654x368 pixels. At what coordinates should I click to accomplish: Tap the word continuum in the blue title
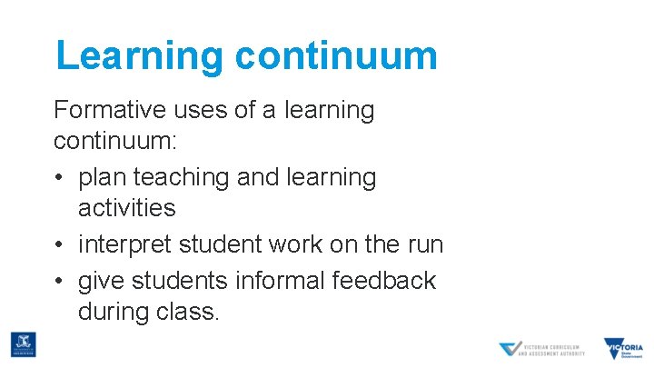click(336, 55)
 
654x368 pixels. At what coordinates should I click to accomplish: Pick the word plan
click(104, 177)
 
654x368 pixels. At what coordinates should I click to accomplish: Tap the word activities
click(127, 208)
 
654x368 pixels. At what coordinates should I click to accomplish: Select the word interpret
click(125, 245)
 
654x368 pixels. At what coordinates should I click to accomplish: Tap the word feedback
click(386, 281)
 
